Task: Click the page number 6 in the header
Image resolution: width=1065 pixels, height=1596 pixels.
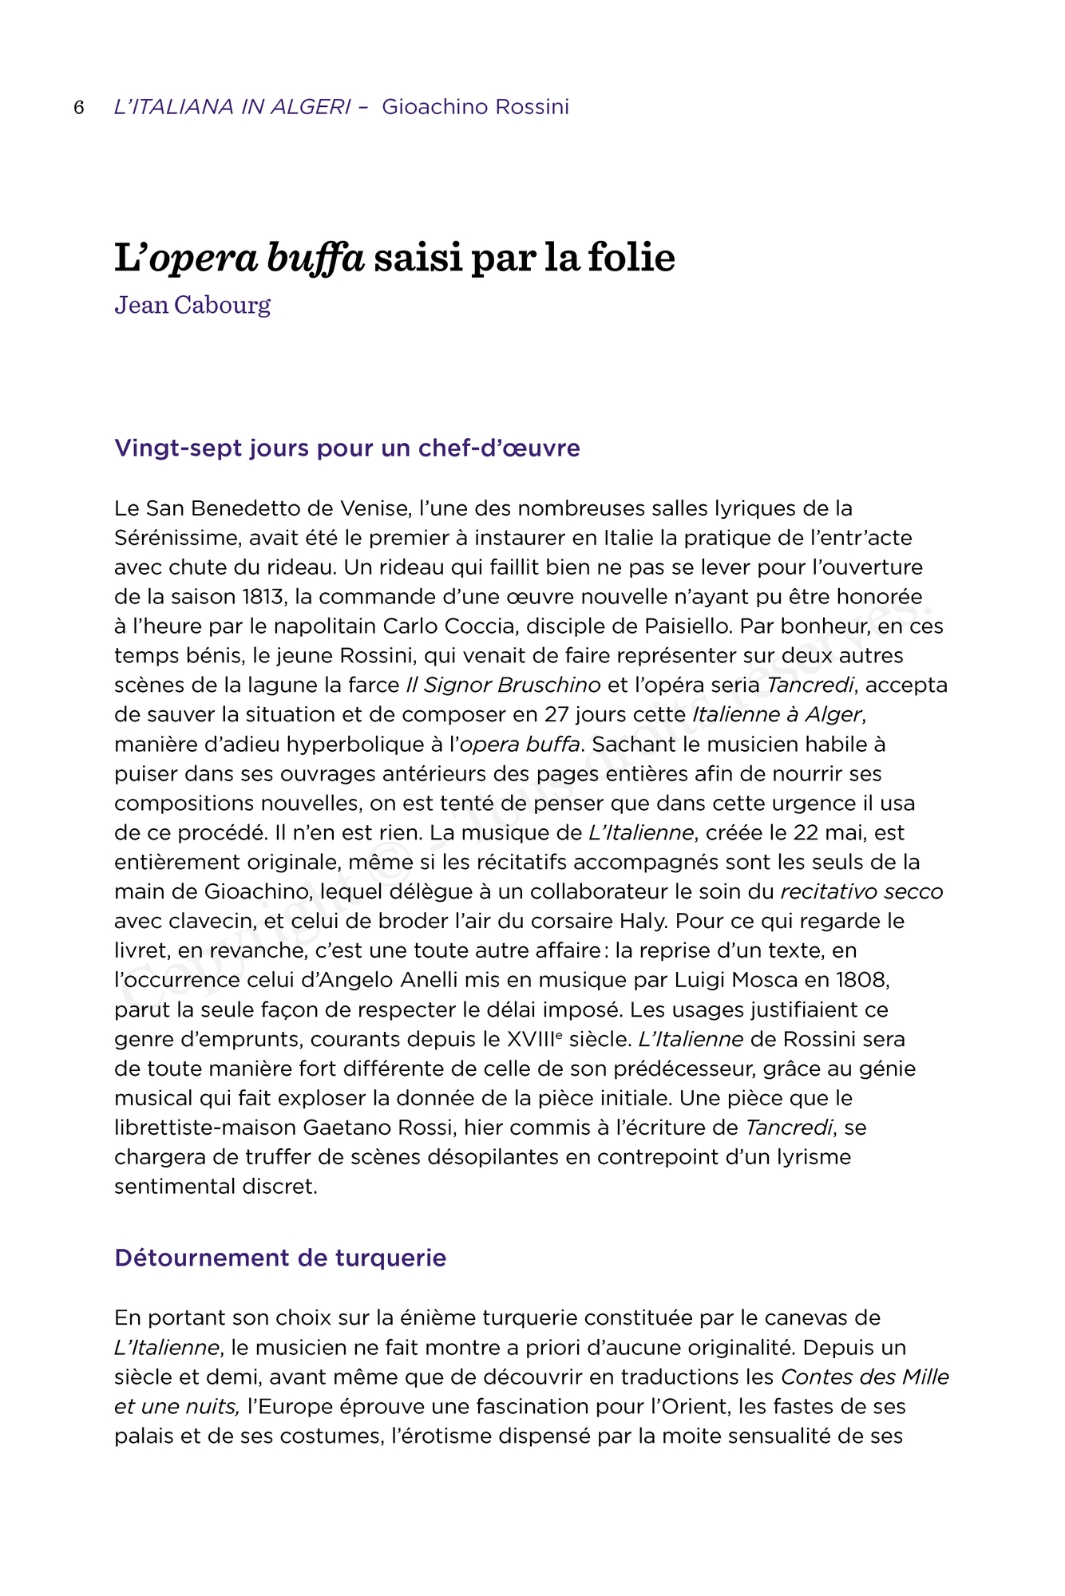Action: point(79,108)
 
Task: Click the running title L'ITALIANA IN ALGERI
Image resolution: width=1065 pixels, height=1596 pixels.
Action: point(232,107)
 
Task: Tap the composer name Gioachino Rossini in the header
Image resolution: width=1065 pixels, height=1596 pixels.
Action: point(475,107)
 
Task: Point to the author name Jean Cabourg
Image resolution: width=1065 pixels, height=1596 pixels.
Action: point(192,305)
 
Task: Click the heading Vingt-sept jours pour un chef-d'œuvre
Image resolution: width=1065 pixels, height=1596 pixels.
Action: point(346,448)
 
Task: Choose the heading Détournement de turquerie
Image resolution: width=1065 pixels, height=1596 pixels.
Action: point(279,1258)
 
